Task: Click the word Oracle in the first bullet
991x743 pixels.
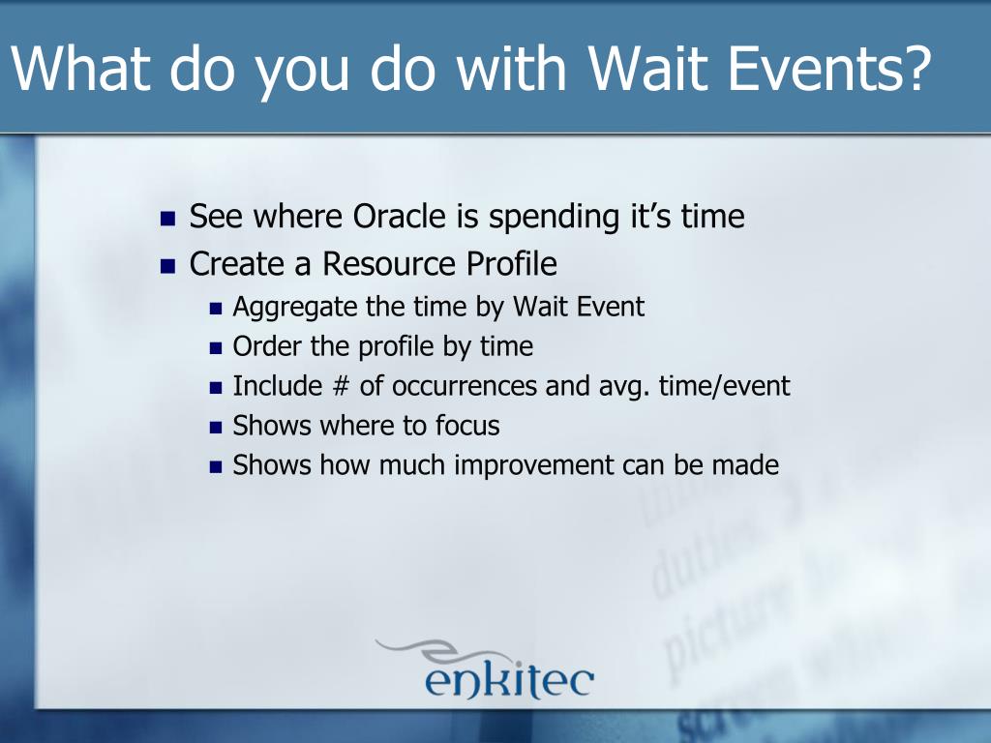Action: (x=400, y=216)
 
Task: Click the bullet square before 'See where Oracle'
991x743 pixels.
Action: (x=167, y=219)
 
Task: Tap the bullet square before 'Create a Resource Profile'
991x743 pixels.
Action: (x=167, y=266)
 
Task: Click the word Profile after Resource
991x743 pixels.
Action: (x=512, y=263)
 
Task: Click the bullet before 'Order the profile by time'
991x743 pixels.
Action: (x=216, y=348)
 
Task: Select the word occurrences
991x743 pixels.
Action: (x=465, y=386)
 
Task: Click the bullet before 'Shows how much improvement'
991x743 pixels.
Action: (x=216, y=467)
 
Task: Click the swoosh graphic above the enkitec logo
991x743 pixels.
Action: (x=442, y=651)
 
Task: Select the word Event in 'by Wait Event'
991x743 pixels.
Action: (x=611, y=307)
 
